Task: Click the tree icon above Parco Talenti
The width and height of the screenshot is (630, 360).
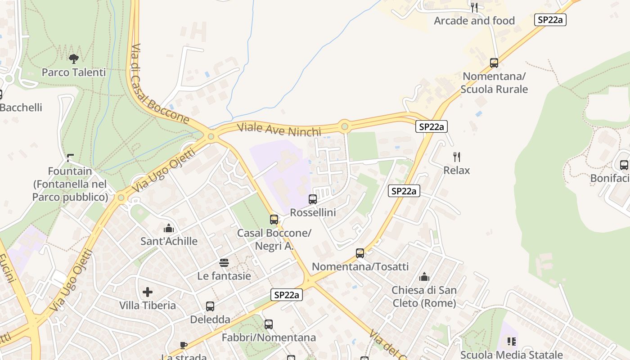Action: (x=74, y=58)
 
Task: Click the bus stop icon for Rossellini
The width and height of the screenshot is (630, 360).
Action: (x=313, y=199)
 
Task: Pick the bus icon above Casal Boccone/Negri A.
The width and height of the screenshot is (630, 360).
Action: (x=274, y=220)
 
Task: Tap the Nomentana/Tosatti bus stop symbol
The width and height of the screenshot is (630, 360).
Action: (x=360, y=253)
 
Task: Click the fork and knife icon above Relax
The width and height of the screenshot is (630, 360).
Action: (x=457, y=157)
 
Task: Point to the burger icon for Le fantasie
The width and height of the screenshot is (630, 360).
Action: (x=224, y=263)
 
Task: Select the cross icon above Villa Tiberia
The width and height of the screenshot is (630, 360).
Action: (x=148, y=292)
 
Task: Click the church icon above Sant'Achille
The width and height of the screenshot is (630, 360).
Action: (x=169, y=228)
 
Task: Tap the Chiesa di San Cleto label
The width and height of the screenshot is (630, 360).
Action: (x=424, y=297)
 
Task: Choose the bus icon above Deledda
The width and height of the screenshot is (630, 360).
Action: (x=210, y=306)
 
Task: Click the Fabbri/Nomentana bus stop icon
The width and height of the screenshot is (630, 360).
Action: (x=269, y=324)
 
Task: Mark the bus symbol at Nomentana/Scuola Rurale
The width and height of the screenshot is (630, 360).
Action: (x=494, y=63)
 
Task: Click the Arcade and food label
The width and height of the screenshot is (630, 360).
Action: (x=474, y=21)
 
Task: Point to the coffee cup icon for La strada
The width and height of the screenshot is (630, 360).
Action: (x=183, y=345)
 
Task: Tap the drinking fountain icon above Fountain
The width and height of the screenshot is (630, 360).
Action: (x=70, y=158)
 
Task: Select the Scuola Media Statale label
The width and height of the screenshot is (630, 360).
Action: (x=511, y=355)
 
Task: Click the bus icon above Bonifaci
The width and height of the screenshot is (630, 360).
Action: (x=624, y=165)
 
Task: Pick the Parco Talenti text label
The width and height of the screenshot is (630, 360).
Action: (x=74, y=72)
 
